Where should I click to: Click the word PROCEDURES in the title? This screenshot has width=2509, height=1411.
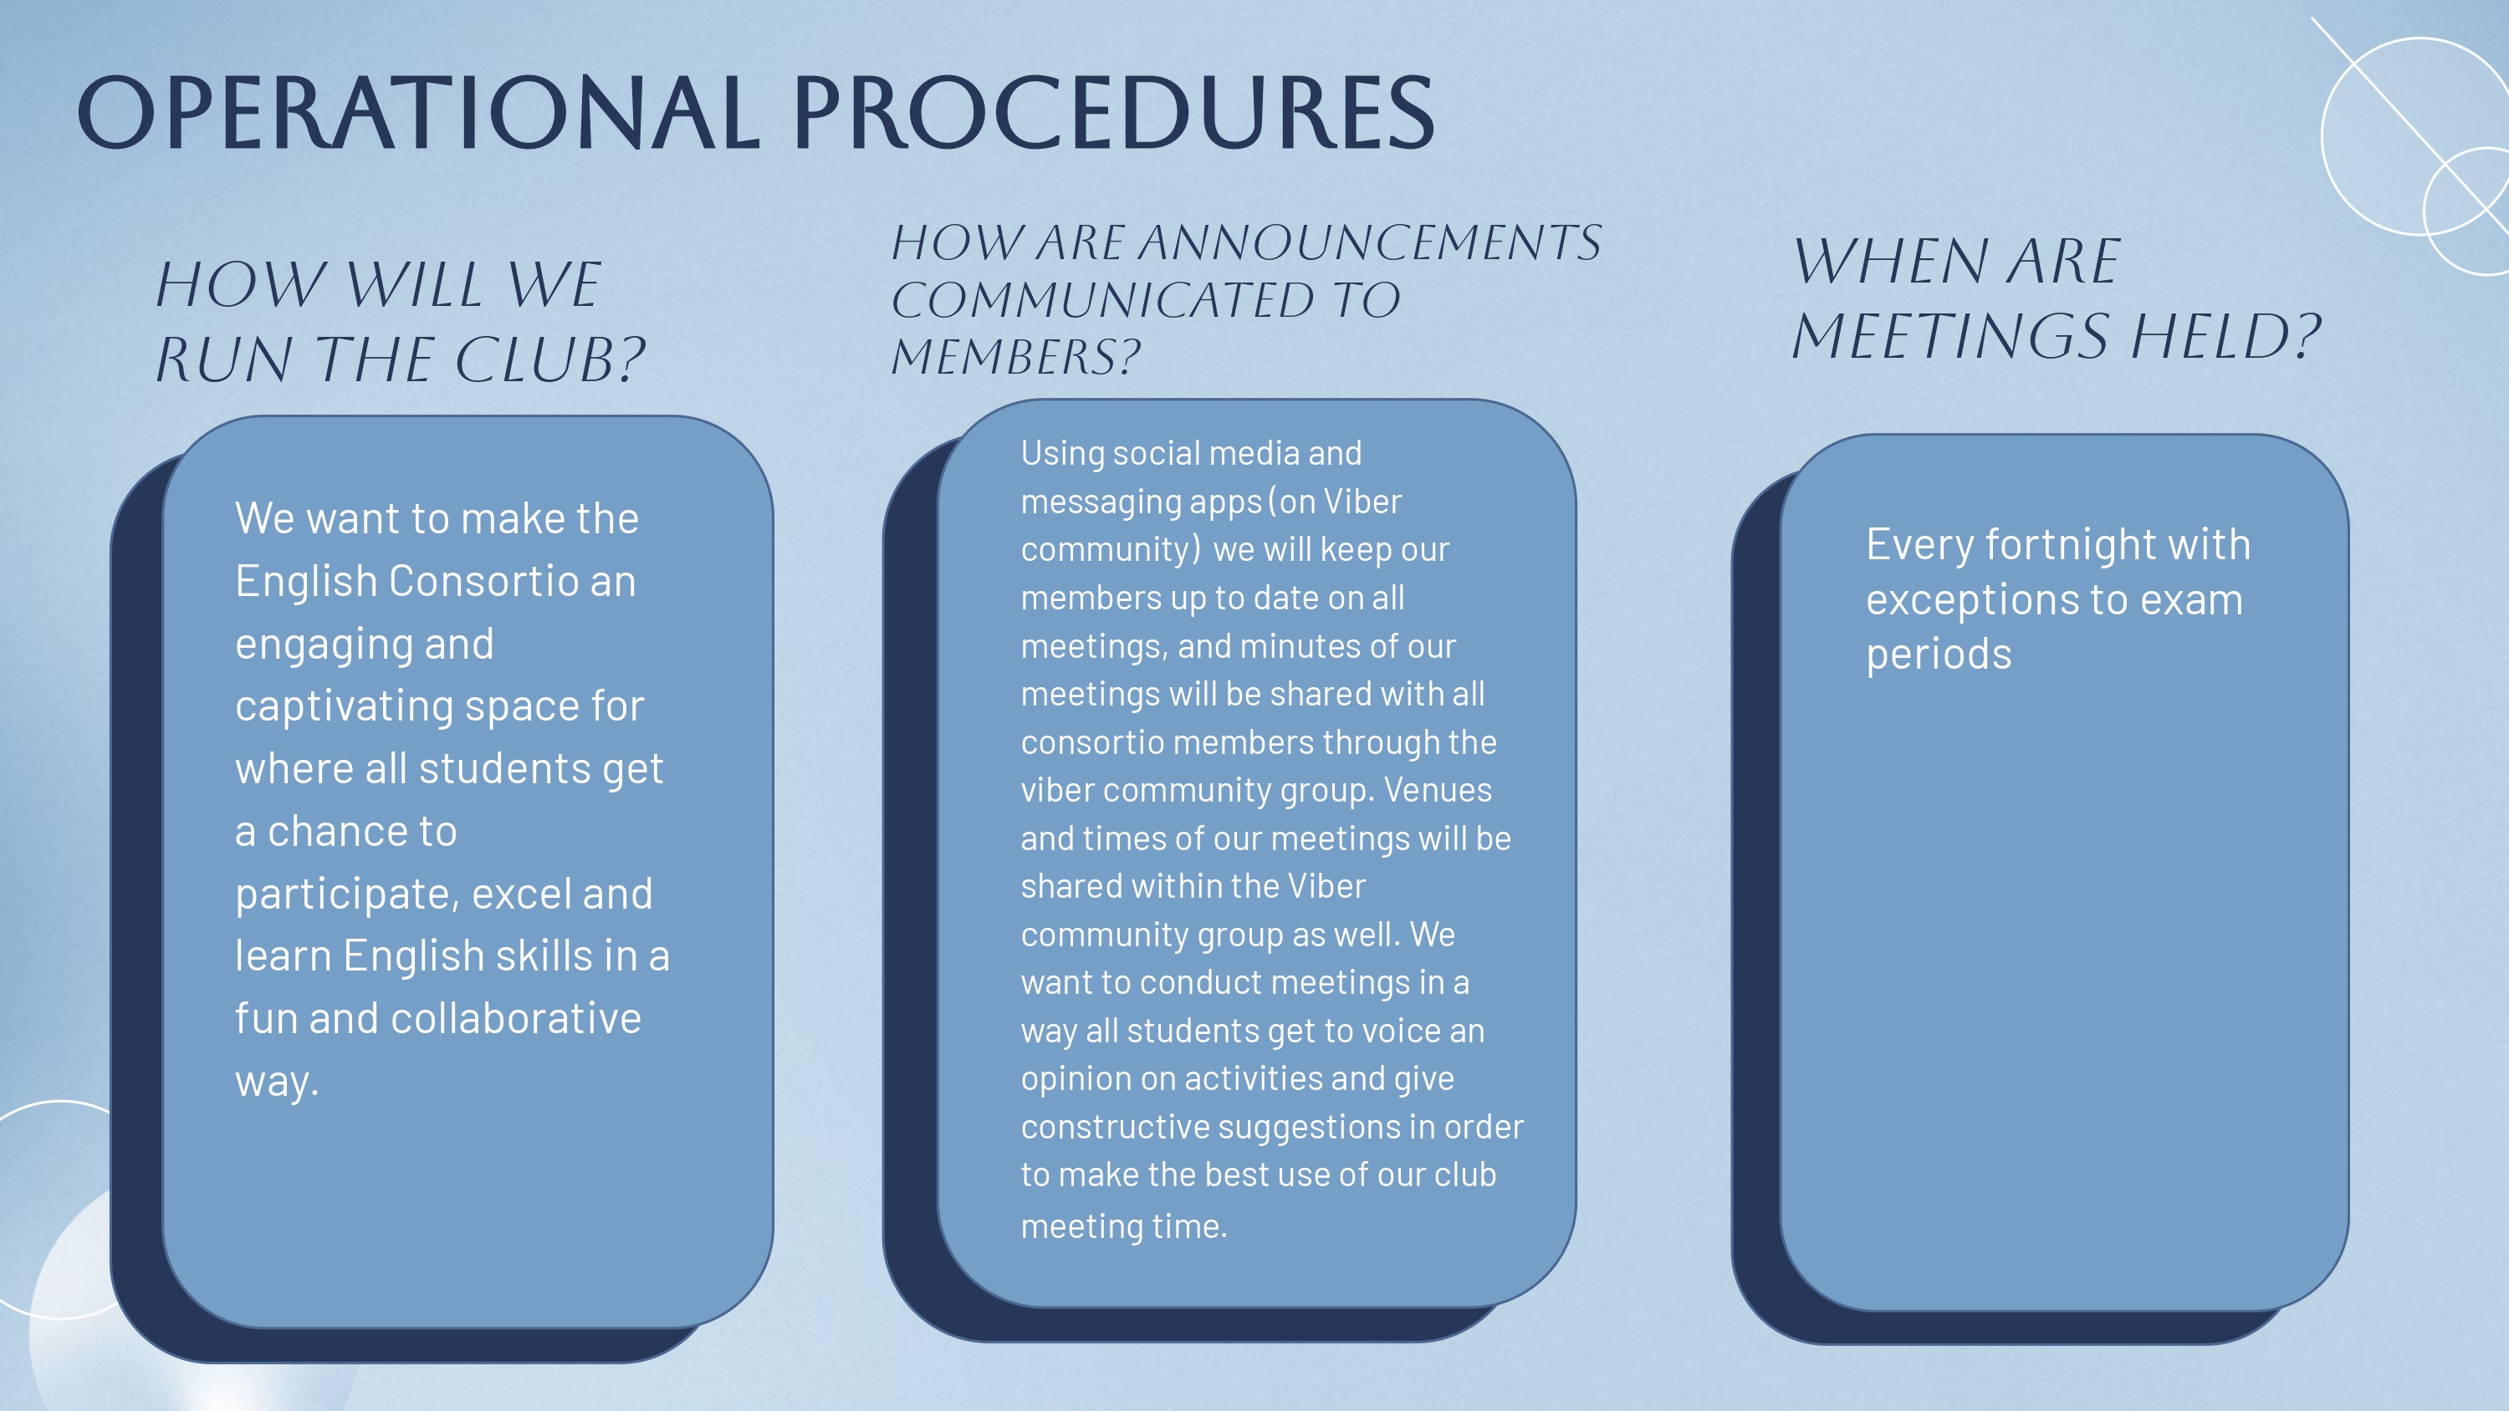point(1114,113)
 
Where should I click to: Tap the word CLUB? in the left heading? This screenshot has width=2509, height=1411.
point(550,359)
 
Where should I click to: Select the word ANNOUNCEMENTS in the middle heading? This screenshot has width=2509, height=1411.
point(1369,242)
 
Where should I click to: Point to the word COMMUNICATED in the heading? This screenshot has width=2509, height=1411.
point(1105,300)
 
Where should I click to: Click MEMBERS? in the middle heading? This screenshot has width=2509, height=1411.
point(1016,356)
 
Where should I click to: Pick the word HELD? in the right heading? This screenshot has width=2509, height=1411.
point(2225,336)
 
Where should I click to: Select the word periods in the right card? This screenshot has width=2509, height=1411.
point(1939,655)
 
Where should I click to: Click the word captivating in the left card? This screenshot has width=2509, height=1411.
point(344,707)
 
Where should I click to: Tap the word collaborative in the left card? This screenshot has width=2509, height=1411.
point(516,1019)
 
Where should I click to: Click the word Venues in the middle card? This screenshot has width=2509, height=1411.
point(1438,790)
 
